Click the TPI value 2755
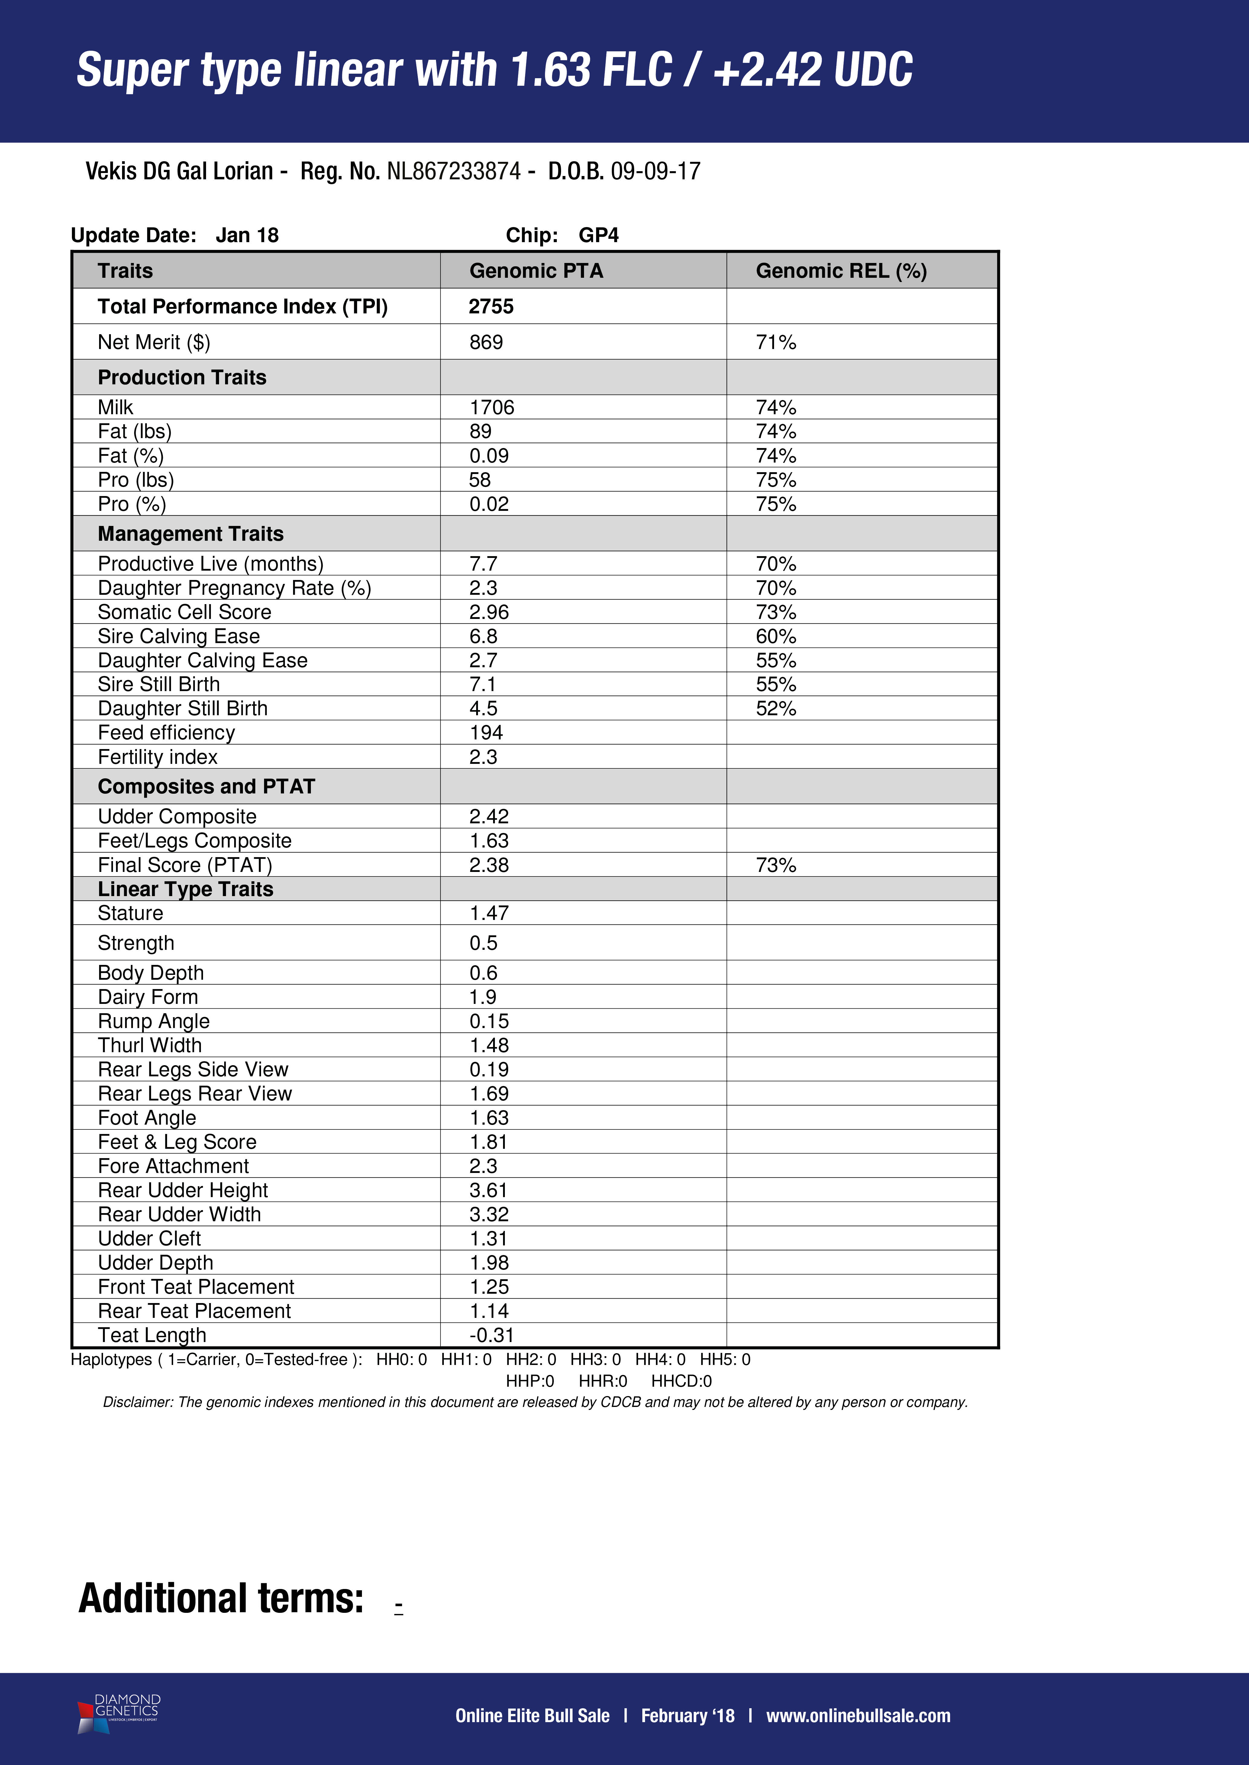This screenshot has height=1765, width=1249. click(491, 307)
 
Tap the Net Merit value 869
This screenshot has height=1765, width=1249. click(486, 342)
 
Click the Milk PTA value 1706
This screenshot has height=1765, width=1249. click(492, 407)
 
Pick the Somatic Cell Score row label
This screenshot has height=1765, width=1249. click(185, 612)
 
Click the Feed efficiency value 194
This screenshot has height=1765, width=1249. click(486, 732)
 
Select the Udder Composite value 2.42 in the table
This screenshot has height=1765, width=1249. click(489, 816)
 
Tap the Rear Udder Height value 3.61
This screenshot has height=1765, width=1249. click(489, 1190)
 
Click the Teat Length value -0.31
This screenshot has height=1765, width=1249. click(492, 1335)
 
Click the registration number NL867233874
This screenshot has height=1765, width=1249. click(454, 171)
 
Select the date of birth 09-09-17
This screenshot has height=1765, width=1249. click(655, 171)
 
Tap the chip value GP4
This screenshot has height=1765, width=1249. click(598, 235)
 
